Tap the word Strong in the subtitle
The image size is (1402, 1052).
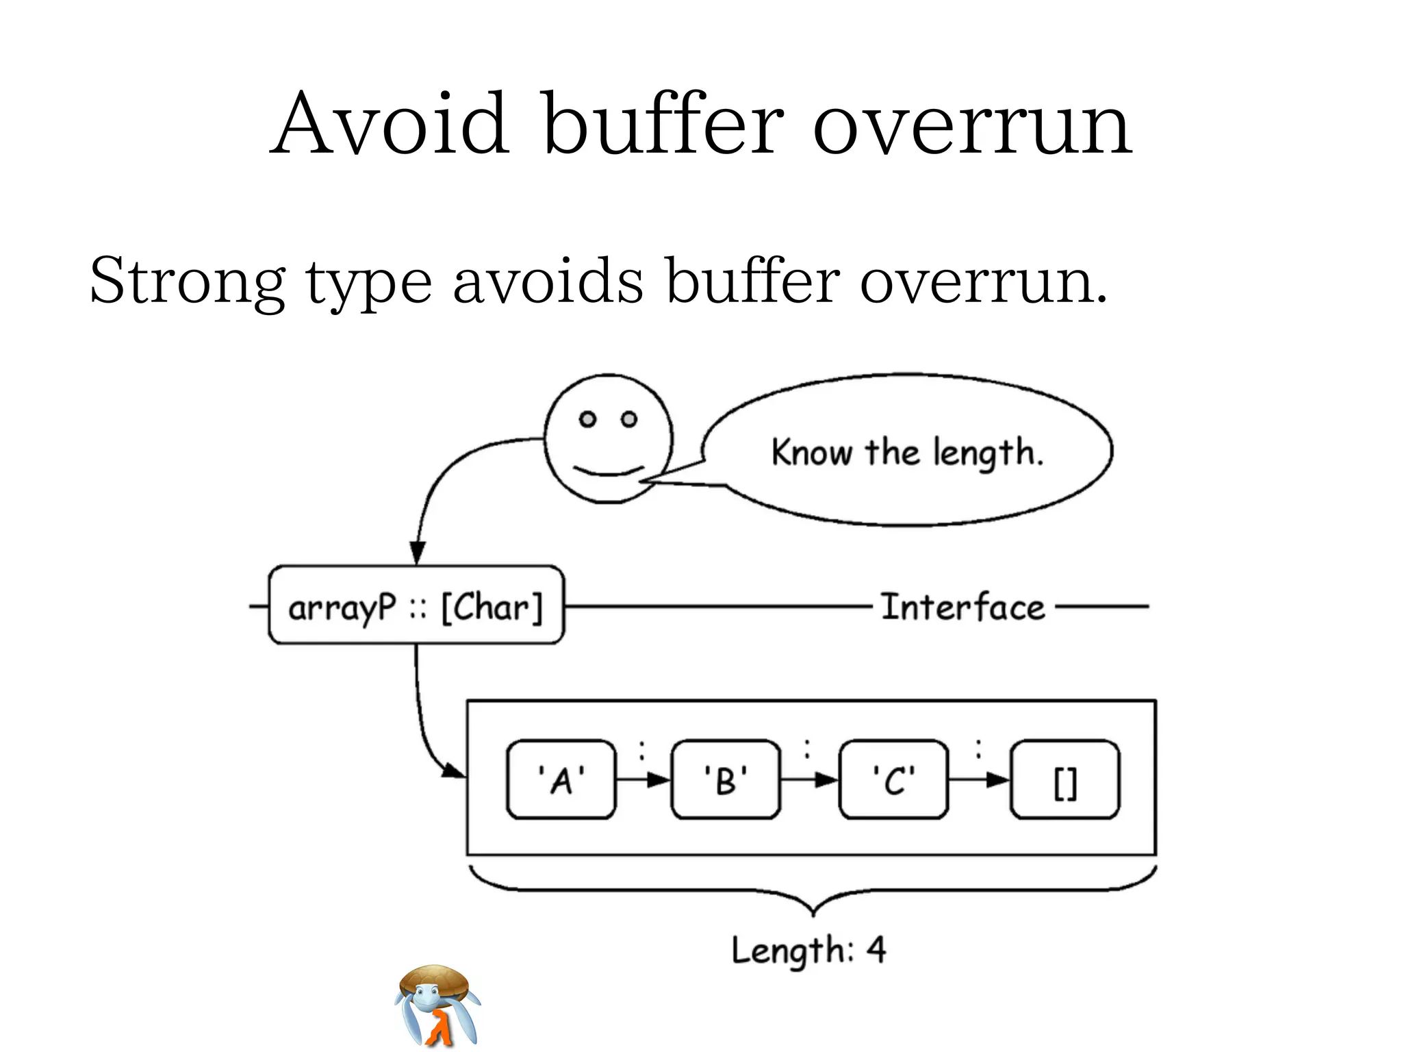click(187, 281)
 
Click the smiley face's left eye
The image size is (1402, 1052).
click(587, 419)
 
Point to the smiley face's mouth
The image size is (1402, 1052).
click(609, 471)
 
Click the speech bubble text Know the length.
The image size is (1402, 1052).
click(907, 453)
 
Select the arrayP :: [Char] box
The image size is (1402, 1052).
click(416, 605)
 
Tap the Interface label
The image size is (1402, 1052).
click(963, 607)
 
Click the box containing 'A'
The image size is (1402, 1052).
click(561, 779)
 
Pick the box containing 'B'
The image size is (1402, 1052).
click(726, 779)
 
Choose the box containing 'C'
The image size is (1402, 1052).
click(893, 779)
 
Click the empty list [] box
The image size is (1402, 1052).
click(1065, 779)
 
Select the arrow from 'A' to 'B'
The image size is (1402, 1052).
click(643, 779)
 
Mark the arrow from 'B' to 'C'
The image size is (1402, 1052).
click(809, 779)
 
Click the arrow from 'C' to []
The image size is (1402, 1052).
click(980, 779)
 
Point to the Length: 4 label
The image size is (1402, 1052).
click(808, 950)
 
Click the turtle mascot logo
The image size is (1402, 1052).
click(437, 1005)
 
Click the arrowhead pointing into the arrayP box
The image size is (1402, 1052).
click(418, 553)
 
